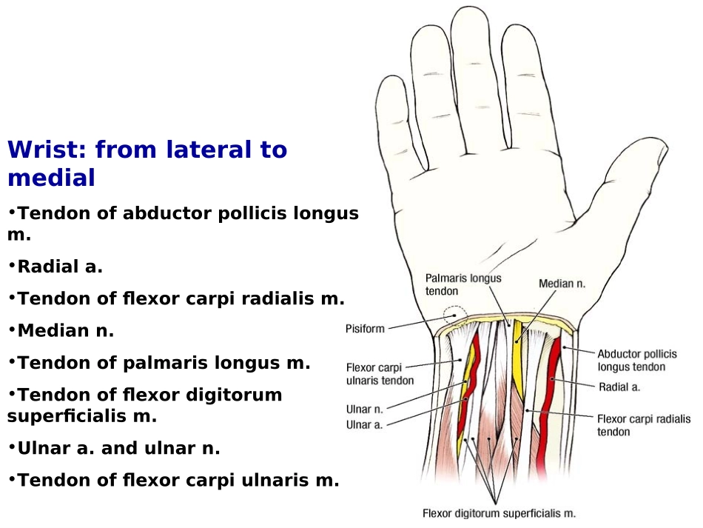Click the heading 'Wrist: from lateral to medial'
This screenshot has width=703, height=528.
(x=147, y=164)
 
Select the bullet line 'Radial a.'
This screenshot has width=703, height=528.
(x=60, y=267)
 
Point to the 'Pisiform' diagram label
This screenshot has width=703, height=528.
(x=365, y=329)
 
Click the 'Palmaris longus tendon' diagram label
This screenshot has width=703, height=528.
(x=463, y=284)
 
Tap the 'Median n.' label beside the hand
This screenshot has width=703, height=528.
(x=562, y=283)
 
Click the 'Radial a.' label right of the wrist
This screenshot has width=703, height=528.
(x=619, y=387)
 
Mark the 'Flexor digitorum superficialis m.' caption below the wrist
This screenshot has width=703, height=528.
(x=499, y=512)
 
